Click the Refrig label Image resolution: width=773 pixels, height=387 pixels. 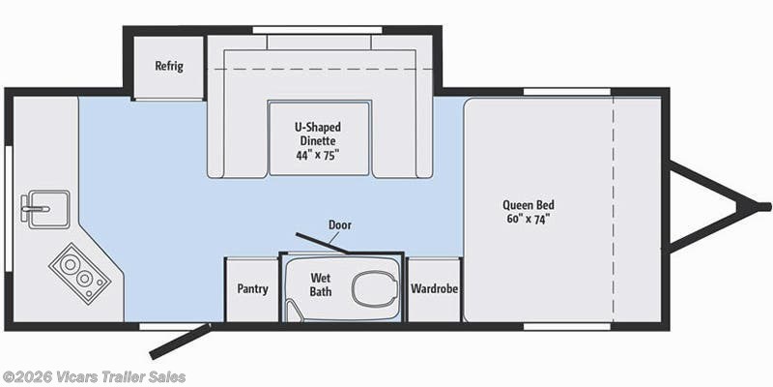[x=169, y=66]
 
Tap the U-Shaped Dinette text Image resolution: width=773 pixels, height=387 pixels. [x=318, y=134]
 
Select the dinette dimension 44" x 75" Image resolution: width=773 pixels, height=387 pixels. [x=318, y=155]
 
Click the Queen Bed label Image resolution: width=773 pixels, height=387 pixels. [x=528, y=204]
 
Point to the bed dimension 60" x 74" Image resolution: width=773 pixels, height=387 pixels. [x=528, y=219]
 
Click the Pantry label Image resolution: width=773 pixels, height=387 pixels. [x=252, y=289]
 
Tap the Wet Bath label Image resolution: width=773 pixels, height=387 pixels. [x=321, y=283]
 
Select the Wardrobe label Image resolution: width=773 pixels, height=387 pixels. [x=434, y=289]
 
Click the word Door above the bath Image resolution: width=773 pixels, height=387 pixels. [x=339, y=224]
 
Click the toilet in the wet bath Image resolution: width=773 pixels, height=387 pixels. [x=373, y=287]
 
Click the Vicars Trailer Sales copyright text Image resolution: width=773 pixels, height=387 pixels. [x=94, y=376]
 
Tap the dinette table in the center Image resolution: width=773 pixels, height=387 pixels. [x=318, y=138]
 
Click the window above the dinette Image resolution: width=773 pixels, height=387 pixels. [x=318, y=30]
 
